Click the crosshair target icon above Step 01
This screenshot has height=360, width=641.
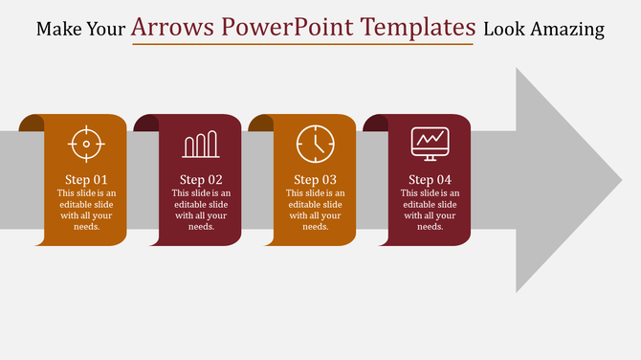click(86, 145)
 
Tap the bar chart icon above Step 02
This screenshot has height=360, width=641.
click(201, 145)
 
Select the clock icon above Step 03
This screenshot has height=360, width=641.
click(315, 144)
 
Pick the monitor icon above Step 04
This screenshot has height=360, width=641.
click(430, 145)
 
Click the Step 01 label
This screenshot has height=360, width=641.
click(86, 180)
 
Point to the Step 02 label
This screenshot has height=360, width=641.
click(201, 180)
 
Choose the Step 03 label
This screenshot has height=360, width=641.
click(315, 180)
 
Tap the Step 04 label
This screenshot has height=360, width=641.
click(430, 180)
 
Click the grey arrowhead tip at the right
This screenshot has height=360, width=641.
click(612, 179)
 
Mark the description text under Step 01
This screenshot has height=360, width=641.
click(86, 210)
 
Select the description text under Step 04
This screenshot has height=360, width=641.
click(430, 210)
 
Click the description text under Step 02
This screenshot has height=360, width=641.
click(201, 210)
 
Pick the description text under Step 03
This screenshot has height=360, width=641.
click(315, 210)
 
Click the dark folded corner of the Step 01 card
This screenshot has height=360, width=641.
click(32, 123)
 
